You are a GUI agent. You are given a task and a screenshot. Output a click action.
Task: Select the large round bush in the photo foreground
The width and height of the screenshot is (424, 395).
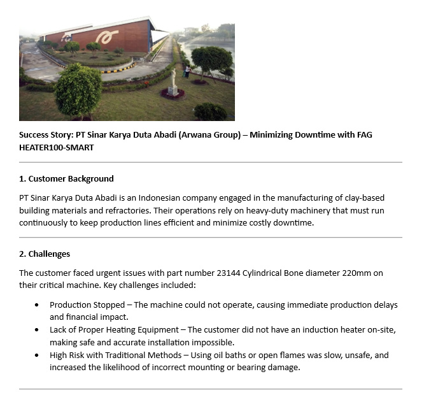pyautogui.click(x=78, y=91)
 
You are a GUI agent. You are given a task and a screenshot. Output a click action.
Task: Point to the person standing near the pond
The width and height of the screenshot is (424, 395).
pyautogui.click(x=187, y=71)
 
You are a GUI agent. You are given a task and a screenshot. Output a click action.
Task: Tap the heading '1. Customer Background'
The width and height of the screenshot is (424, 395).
pyautogui.click(x=66, y=178)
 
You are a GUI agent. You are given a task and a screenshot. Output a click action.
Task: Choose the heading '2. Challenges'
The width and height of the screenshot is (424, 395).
pyautogui.click(x=45, y=254)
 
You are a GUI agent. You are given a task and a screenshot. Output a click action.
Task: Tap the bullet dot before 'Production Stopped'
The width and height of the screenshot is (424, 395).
pyautogui.click(x=36, y=305)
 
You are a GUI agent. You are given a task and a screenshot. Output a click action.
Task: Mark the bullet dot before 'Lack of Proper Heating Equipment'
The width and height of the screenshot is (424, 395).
pyautogui.click(x=36, y=330)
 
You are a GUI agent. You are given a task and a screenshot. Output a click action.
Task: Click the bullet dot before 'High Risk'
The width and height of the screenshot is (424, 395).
pyautogui.click(x=36, y=355)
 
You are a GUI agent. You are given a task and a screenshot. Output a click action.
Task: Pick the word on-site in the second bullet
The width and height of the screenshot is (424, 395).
pyautogui.click(x=381, y=329)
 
